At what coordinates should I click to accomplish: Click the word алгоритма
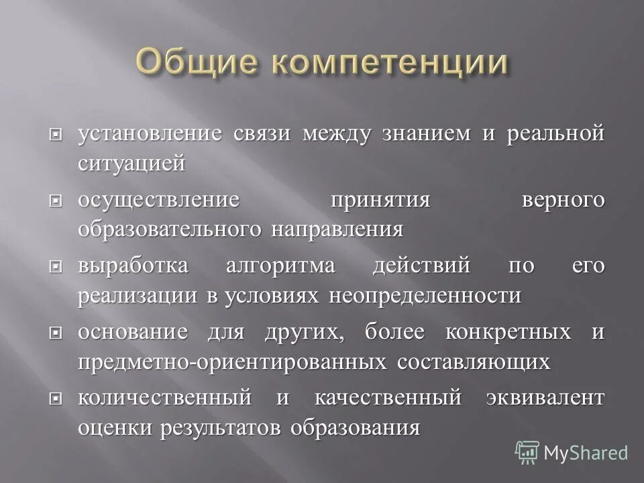point(280,266)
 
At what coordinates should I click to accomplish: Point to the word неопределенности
point(425,297)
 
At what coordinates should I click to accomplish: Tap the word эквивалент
point(545,398)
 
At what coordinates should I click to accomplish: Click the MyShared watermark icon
point(527,452)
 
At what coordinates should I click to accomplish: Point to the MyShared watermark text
point(586,453)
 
